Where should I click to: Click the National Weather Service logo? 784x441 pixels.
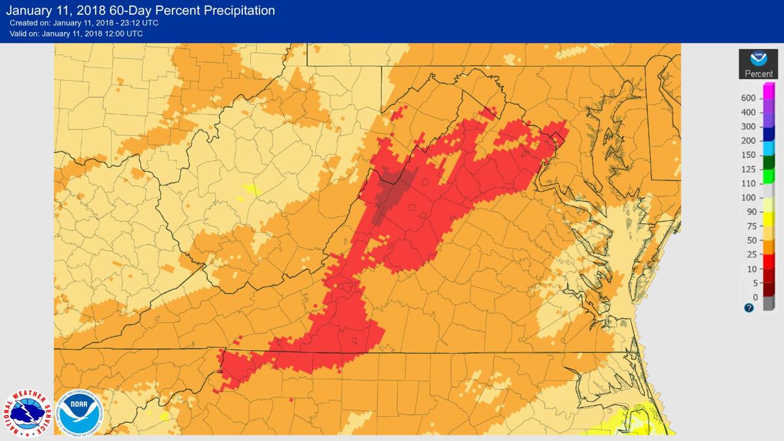27,414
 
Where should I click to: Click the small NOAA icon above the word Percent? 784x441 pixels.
759,59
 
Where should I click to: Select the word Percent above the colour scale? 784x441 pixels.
759,74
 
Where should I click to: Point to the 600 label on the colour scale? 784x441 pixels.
749,98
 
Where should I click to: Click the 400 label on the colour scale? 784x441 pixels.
749,112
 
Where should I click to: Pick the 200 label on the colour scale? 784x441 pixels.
749,141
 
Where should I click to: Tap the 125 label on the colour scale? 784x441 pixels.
749,169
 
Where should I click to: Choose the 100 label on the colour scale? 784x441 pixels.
749,198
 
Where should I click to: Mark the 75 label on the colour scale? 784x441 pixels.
750,227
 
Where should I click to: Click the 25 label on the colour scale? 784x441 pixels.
750,255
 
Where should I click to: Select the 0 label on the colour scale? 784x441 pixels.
754,297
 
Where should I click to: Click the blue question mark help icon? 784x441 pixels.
749,308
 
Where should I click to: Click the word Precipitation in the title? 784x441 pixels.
228,10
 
